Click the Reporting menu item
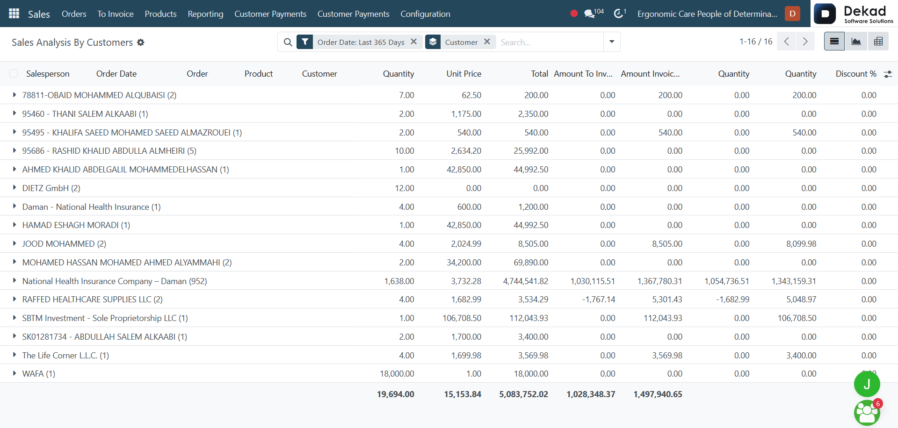coord(205,14)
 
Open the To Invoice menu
coord(116,14)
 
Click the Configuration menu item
coord(425,14)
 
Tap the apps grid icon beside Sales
coord(14,14)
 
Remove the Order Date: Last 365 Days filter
coord(413,42)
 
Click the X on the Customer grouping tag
coord(487,42)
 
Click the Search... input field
coord(550,42)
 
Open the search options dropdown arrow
coord(612,42)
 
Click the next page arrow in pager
coord(805,42)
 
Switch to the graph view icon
coord(856,42)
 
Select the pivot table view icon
coord(878,42)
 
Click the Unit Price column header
coord(463,74)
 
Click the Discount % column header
coord(856,74)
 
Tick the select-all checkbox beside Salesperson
coord(14,73)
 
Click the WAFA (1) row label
coord(39,374)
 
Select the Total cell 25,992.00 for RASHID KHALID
coord(531,151)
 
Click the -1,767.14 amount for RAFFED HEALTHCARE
coord(599,300)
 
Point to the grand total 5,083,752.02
coord(523,394)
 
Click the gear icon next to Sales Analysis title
coord(141,43)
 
